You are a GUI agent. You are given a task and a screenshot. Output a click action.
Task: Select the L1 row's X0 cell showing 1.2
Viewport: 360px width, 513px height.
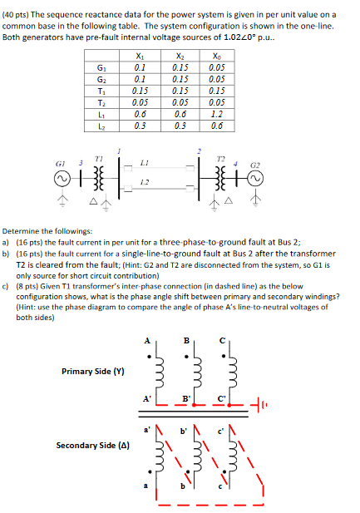(218, 115)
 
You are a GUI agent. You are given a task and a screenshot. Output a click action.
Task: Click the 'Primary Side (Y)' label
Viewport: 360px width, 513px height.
(93, 371)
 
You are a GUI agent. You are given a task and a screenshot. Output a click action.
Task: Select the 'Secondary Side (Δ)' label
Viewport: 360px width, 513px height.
(91, 445)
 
